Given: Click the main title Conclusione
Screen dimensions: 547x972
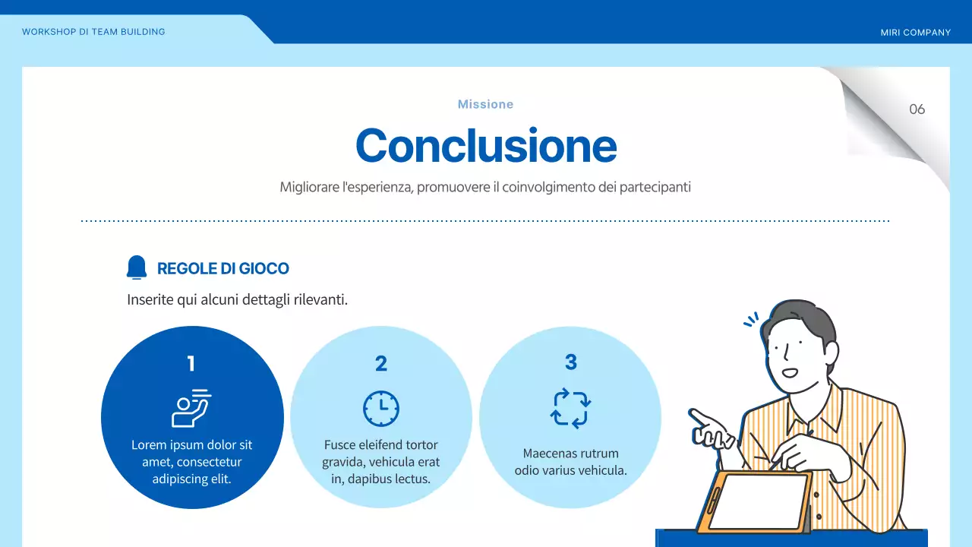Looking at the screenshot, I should coord(486,145).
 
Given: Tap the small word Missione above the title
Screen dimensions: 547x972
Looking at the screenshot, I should coord(485,104).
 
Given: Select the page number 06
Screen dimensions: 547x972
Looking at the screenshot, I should coord(917,109).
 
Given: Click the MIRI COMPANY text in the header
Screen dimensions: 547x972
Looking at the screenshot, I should coord(915,33).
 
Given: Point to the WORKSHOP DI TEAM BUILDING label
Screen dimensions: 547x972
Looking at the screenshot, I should coord(93,32).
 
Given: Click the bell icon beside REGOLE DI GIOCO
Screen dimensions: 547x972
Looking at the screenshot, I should coord(137,267).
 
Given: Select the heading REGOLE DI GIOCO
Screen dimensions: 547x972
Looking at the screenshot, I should coord(222,268).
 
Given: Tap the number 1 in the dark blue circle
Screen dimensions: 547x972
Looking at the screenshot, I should coord(191,364).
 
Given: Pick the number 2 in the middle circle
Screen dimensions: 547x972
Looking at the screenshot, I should coord(381,364).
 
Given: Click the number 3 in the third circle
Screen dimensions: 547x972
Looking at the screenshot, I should coord(571,362).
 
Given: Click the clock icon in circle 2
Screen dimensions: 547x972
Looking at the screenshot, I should coord(381,409).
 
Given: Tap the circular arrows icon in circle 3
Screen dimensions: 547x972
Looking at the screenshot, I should coord(570,409).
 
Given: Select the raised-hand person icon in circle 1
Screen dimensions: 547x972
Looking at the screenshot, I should coord(191,409).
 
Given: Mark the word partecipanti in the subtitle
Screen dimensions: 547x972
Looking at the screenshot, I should coord(655,186).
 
